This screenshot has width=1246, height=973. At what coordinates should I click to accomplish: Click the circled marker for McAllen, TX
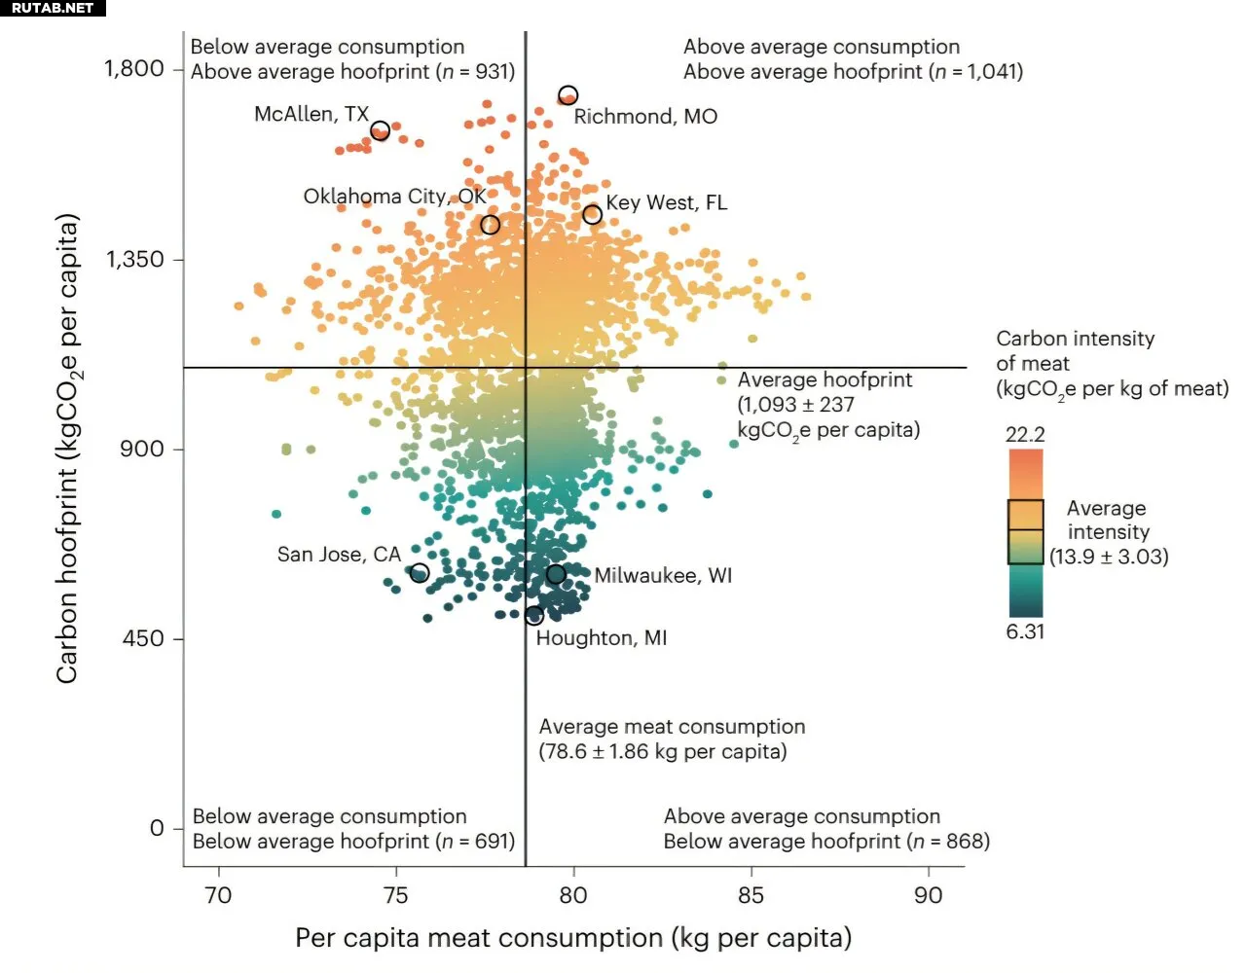click(381, 130)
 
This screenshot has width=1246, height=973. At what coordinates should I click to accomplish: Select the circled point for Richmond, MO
click(568, 95)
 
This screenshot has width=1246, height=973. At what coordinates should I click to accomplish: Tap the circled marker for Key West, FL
click(592, 214)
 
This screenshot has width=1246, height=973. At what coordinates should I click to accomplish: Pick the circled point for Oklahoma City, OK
click(491, 225)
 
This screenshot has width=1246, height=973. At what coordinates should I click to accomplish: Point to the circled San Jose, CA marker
click(420, 573)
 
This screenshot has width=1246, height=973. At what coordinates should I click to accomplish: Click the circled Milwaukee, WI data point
click(555, 574)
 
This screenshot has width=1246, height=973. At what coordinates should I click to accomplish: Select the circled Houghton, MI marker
click(534, 616)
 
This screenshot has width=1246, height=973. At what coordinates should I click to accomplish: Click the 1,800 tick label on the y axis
click(134, 68)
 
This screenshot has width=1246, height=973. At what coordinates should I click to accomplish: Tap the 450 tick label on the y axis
click(143, 638)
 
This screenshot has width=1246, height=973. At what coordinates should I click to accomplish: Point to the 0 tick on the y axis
click(157, 828)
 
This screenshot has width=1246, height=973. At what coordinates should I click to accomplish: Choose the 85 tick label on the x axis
click(751, 895)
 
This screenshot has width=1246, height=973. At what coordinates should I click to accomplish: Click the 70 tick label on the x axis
click(218, 895)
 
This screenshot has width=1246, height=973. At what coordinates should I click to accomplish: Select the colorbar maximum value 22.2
click(1025, 434)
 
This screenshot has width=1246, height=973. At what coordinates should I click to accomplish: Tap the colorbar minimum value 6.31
click(1025, 631)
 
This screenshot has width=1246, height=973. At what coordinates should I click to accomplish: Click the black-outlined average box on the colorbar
click(1025, 531)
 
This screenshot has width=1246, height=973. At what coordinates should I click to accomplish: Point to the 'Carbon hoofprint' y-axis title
click(66, 448)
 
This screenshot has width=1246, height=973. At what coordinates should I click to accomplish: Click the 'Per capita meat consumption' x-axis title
click(573, 938)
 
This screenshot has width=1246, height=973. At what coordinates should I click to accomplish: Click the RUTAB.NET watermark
click(53, 8)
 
